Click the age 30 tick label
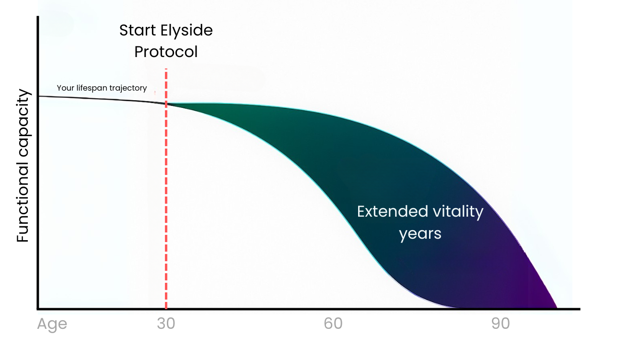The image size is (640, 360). click(166, 324)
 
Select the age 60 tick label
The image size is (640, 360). click(333, 324)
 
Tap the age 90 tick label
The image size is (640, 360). click(500, 324)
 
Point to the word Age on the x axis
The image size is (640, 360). click(52, 325)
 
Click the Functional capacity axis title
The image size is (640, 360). click(23, 166)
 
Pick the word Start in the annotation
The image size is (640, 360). click(138, 30)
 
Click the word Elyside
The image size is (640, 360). click(186, 31)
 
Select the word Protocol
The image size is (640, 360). click(166, 52)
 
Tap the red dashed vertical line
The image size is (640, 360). click(166, 188)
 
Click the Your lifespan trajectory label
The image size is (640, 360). click(102, 88)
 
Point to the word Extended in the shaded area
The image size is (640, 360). click(393, 212)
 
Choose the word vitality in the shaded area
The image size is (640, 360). click(458, 212)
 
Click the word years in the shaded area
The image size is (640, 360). click(420, 234)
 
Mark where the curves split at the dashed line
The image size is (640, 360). click(166, 104)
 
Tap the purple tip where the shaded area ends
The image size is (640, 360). click(556, 307)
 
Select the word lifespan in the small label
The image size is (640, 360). click(92, 88)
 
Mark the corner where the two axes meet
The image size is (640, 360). click(38, 309)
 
